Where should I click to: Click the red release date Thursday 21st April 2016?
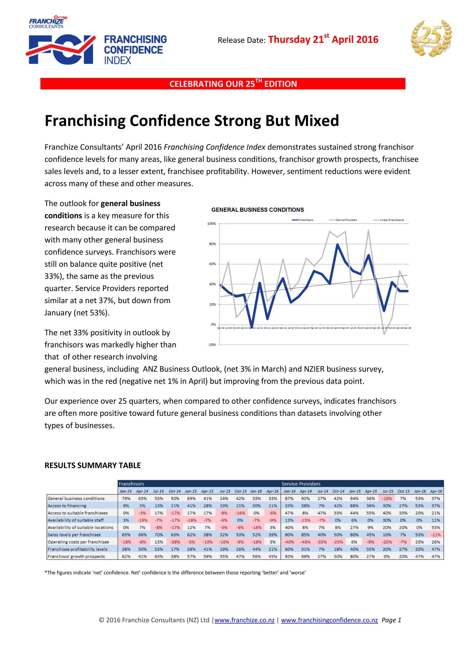[x=323, y=39]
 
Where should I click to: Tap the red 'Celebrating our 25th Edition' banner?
[x=223, y=84]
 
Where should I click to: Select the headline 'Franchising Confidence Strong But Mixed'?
[x=192, y=121]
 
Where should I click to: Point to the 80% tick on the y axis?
[x=212, y=244]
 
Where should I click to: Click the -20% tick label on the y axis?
[x=212, y=345]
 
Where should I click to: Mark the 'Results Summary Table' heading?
[x=93, y=466]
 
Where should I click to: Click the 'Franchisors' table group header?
[x=131, y=484]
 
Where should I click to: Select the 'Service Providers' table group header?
[x=301, y=484]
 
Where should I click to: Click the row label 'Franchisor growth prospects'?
[x=76, y=556]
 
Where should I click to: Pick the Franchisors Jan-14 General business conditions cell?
[x=126, y=499]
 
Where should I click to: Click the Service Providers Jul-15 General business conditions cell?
[x=387, y=499]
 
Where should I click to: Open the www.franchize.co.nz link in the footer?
[x=244, y=620]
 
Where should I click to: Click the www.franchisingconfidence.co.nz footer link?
[x=329, y=620]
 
